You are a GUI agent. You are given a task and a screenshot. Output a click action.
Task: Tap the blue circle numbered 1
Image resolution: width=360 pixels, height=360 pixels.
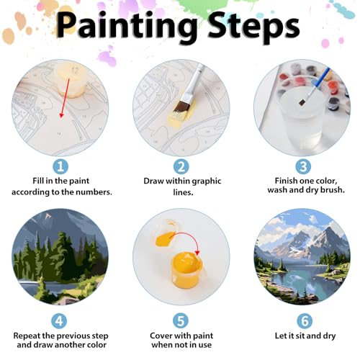[60, 166]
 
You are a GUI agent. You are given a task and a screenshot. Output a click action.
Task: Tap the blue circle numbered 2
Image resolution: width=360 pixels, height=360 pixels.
[181, 166]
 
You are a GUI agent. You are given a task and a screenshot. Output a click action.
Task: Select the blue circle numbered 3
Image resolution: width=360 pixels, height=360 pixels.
[301, 166]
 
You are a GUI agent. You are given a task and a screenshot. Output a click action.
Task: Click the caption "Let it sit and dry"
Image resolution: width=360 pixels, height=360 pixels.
[301, 336]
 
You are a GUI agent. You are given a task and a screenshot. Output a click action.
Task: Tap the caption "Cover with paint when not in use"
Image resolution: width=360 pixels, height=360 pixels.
[181, 341]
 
